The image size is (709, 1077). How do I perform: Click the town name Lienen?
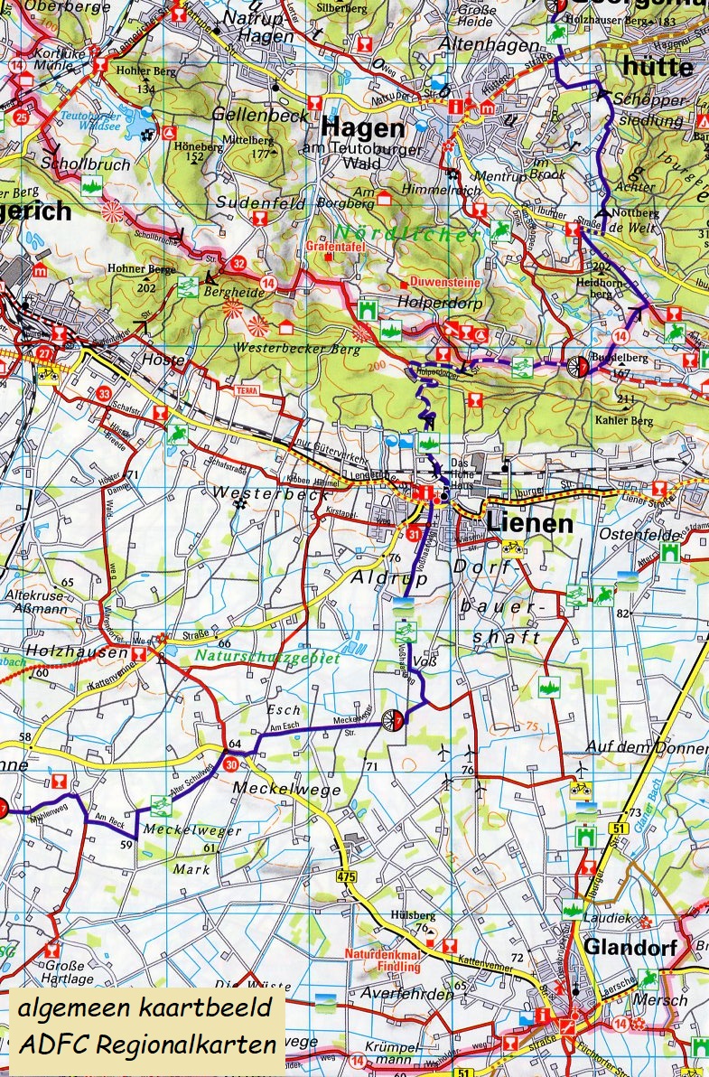tap(529, 524)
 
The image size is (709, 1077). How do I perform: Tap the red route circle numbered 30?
tap(231, 764)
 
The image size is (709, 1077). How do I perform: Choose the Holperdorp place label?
tap(444, 304)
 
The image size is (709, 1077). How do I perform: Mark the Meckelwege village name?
tap(275, 789)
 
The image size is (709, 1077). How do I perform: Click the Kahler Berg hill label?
tap(623, 420)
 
